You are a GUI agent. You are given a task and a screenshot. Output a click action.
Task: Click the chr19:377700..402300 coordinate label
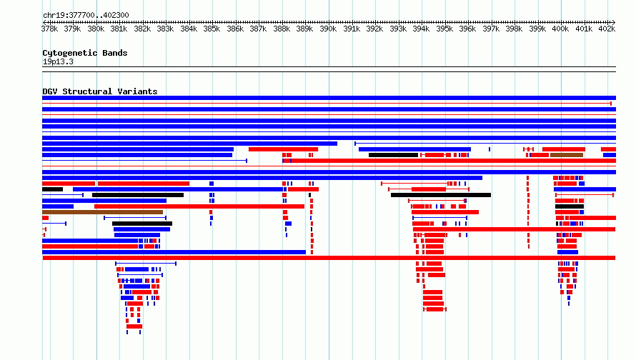(86, 15)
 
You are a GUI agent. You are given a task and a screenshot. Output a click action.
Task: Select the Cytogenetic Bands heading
(85, 53)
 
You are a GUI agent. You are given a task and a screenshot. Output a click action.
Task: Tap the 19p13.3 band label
(58, 61)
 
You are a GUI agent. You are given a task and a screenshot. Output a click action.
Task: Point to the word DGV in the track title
(50, 91)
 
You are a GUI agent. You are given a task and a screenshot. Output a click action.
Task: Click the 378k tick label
(49, 29)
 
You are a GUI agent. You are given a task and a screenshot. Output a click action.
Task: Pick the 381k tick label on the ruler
(119, 29)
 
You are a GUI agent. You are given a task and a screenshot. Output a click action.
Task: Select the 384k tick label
(189, 29)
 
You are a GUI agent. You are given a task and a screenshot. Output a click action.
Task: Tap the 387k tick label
(259, 29)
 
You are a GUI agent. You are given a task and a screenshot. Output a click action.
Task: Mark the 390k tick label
(328, 29)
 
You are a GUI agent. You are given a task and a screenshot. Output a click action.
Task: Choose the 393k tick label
(398, 29)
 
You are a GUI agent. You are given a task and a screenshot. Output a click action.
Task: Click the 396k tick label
(467, 29)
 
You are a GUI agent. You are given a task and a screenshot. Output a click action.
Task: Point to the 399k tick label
(537, 29)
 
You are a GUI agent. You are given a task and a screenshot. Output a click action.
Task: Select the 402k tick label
(607, 29)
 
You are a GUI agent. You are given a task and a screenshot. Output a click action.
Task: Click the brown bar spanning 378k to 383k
(103, 212)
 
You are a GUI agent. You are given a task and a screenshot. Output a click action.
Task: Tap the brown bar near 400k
(567, 155)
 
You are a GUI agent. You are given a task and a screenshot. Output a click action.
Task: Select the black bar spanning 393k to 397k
(441, 195)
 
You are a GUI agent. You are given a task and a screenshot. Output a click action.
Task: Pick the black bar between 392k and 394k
(394, 155)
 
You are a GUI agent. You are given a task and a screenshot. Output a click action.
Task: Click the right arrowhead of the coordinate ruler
(613, 22)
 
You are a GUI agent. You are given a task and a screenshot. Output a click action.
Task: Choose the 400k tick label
(560, 29)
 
